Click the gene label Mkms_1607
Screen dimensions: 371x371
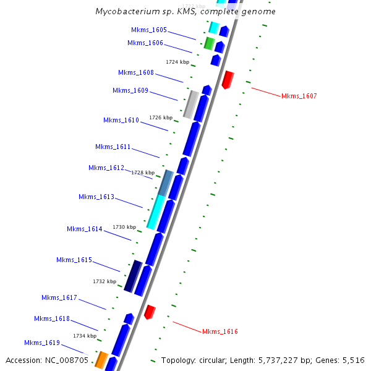[299, 96]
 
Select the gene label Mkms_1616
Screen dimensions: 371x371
[220, 331]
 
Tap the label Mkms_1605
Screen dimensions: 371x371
[148, 30]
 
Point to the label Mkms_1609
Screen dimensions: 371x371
[130, 90]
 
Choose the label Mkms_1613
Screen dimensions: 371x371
[96, 197]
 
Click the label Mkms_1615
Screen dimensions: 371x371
[74, 260]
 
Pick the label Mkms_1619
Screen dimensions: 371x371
[41, 343]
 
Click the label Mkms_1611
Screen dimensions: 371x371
[113, 147]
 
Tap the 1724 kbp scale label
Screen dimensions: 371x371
[177, 62]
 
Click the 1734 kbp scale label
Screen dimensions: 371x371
[85, 336]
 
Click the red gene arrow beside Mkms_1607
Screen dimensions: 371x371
[228, 80]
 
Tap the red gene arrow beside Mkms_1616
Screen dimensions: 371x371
[150, 312]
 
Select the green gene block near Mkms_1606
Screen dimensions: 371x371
[210, 43]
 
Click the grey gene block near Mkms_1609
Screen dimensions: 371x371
[191, 104]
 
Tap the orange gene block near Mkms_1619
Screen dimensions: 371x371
[101, 360]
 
